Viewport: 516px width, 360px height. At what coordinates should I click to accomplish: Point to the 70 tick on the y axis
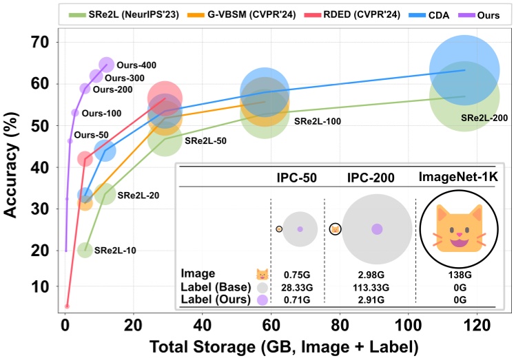tap(41, 43)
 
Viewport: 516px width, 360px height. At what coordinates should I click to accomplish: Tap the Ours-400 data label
tap(135, 65)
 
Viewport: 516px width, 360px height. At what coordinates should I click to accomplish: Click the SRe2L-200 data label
tap(484, 118)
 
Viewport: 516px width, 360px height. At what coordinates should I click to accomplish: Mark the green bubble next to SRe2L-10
tap(85, 250)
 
